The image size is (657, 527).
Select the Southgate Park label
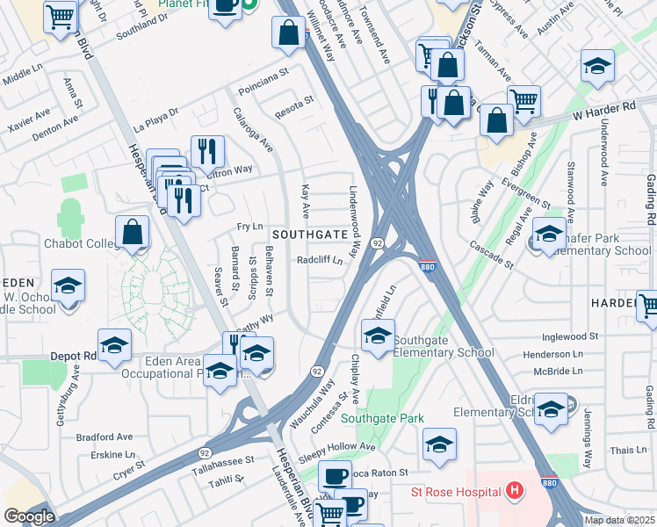point(383,419)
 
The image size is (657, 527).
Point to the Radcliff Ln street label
point(319,260)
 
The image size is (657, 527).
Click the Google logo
point(28,516)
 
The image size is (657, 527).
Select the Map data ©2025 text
point(619,520)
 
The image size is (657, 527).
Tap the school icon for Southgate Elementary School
point(378,337)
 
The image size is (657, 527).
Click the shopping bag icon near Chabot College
point(132,233)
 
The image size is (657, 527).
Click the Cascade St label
point(491,255)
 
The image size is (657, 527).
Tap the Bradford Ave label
point(104,436)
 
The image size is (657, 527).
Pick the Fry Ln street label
point(249,227)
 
